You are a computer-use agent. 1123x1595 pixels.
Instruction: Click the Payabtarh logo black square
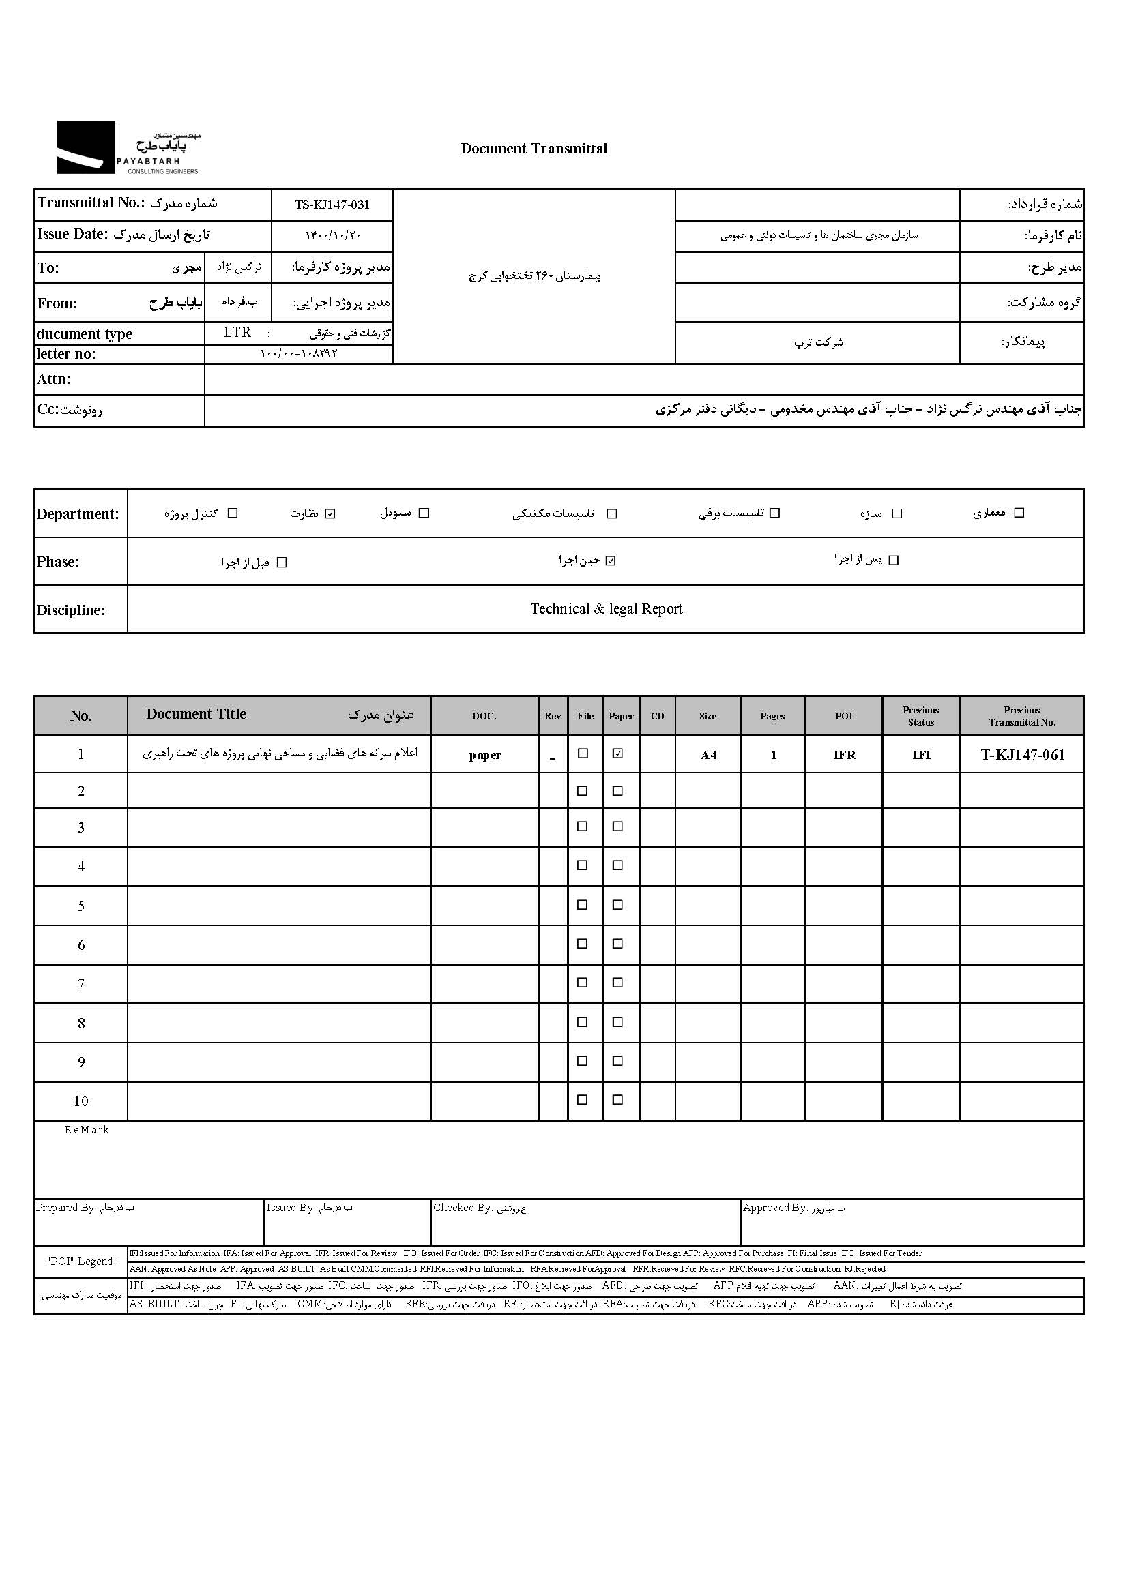click(85, 147)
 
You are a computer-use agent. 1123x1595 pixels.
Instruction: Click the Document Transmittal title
click(534, 148)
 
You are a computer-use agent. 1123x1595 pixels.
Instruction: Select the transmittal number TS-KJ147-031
click(332, 205)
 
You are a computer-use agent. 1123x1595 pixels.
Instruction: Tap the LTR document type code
click(237, 333)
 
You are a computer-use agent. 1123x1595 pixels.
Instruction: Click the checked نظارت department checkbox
click(331, 513)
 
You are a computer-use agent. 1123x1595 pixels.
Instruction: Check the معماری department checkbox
click(1019, 513)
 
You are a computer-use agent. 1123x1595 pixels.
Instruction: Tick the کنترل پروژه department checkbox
click(233, 513)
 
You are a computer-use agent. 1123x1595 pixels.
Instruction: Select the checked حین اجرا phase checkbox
click(611, 561)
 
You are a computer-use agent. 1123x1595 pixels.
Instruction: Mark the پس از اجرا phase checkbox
click(894, 560)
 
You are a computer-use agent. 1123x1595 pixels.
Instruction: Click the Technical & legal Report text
click(606, 609)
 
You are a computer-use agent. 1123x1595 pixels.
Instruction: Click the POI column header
click(844, 716)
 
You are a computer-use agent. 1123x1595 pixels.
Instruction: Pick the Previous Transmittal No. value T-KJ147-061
click(1022, 755)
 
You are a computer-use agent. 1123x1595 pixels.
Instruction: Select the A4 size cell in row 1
click(708, 755)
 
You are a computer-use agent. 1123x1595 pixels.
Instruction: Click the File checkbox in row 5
click(583, 904)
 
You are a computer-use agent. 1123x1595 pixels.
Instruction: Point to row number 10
click(81, 1101)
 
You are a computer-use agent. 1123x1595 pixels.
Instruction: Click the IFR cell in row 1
click(845, 755)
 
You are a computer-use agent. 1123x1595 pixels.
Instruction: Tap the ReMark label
click(87, 1130)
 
